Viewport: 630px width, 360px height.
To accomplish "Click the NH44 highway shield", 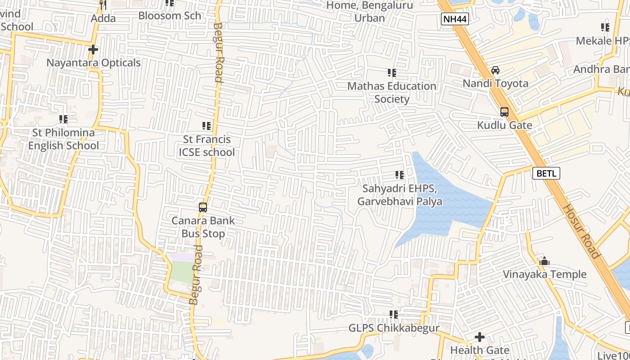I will (x=455, y=19).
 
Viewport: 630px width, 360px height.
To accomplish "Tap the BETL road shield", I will (x=546, y=173).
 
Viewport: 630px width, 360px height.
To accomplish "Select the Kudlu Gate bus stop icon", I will (x=504, y=112).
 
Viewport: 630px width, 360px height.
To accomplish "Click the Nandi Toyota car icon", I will (x=495, y=70).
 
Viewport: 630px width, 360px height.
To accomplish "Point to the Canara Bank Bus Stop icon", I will (x=203, y=207).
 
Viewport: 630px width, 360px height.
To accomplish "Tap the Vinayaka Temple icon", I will (x=544, y=261).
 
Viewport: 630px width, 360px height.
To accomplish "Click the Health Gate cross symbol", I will (x=480, y=337).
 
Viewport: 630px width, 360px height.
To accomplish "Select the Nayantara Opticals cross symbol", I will (x=93, y=49).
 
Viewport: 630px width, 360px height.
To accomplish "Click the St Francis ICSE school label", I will (x=207, y=146).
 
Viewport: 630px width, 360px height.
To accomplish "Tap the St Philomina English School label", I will (x=63, y=139).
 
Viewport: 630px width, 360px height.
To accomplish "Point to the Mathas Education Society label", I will (x=392, y=92).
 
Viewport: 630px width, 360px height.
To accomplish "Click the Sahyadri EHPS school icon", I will (x=399, y=175).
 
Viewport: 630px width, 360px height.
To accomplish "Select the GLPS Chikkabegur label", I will (x=394, y=328).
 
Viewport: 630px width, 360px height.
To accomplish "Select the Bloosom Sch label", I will (x=170, y=15).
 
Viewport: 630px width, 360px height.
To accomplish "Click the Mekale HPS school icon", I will (x=605, y=27).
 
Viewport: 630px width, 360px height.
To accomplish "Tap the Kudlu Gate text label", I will (x=504, y=125).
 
